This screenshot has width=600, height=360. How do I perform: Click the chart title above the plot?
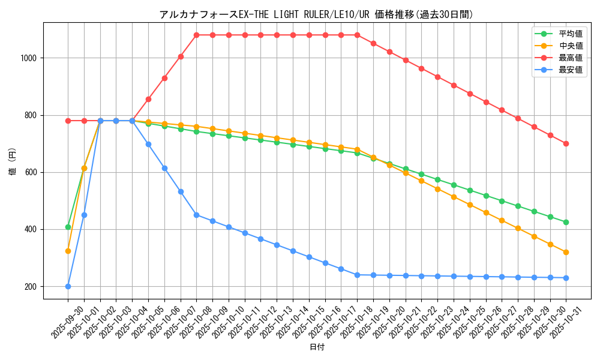[x=316, y=14]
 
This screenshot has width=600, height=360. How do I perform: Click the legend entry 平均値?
[x=570, y=34]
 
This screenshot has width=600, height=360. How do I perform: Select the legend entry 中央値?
[x=570, y=46]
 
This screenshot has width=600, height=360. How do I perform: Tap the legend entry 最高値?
[x=570, y=58]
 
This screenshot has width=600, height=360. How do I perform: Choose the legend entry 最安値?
[x=570, y=70]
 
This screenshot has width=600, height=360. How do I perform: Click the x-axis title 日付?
[x=316, y=347]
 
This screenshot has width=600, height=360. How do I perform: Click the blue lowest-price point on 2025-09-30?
[x=68, y=286]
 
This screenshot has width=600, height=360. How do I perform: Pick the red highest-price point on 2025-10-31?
[x=566, y=143]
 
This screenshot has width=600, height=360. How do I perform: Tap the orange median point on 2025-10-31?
[x=566, y=252]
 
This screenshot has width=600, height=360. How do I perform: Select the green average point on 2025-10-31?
[x=566, y=222]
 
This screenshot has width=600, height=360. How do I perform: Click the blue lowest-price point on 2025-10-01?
[x=84, y=215]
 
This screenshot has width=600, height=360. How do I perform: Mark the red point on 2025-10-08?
[x=196, y=35]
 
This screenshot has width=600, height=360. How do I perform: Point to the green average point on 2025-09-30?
[x=68, y=227]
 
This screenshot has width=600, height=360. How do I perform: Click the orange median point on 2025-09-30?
[x=68, y=251]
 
